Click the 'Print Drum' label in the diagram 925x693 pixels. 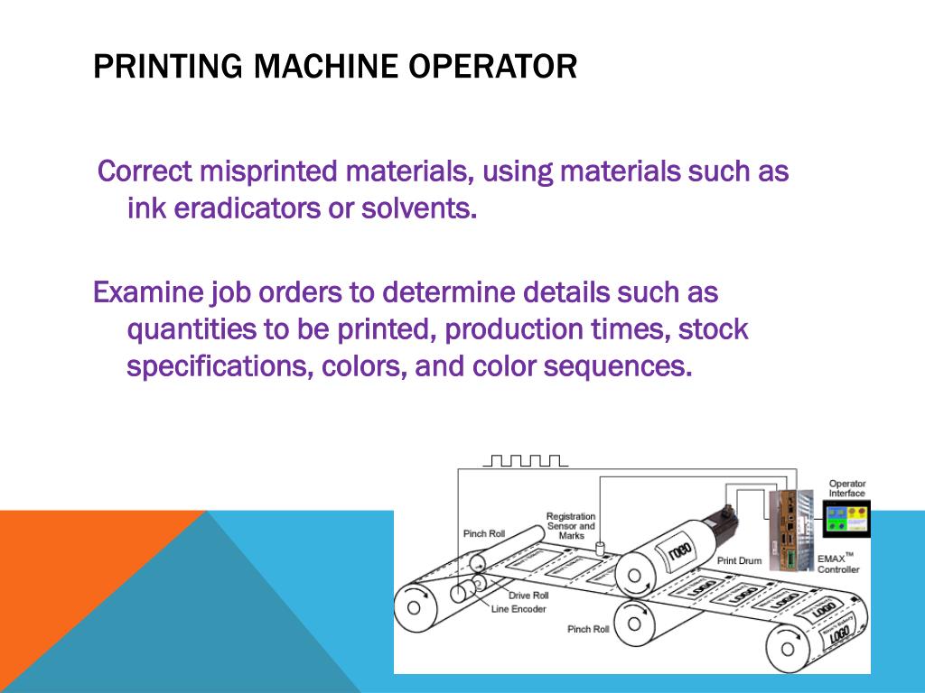[x=739, y=560]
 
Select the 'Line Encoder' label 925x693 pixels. [x=519, y=609]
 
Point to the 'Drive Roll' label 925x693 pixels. [x=528, y=596]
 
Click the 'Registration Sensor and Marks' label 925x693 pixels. [x=571, y=525]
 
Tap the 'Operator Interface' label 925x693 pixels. [x=846, y=488]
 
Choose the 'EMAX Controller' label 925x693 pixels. [x=837, y=564]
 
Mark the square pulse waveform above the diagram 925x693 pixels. [x=525, y=461]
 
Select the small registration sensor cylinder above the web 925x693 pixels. [x=600, y=548]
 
